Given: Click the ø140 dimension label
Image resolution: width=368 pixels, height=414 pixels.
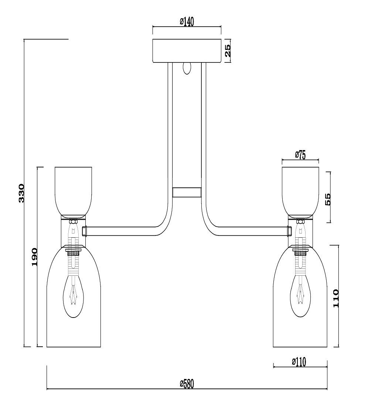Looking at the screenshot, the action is [187, 22].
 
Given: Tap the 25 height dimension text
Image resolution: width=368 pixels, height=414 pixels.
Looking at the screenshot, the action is [228, 51].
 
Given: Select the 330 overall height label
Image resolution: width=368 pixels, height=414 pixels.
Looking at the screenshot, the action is [21, 193].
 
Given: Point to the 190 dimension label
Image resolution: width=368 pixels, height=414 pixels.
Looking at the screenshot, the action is [35, 257].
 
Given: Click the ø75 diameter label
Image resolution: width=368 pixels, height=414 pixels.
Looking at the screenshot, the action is [300, 155].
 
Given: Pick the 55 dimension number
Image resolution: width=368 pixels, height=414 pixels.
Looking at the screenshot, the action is [327, 199].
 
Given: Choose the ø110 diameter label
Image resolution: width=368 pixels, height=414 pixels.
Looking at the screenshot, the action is [299, 362].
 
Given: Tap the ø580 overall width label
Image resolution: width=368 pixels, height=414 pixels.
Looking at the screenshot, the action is [187, 384].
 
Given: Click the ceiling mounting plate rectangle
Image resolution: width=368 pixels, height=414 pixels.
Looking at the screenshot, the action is [187, 51].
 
